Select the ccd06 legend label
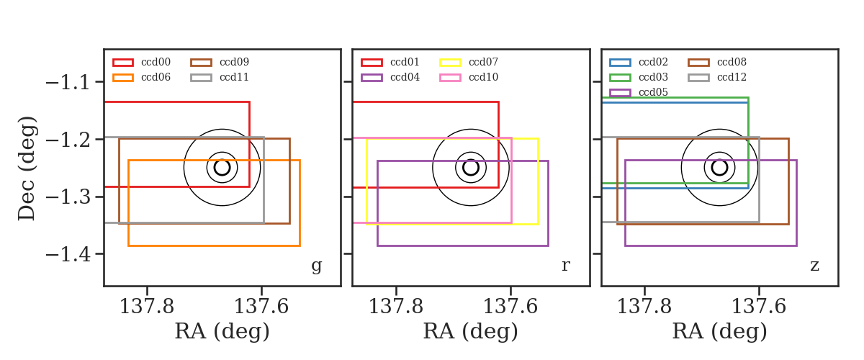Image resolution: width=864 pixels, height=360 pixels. tap(156, 77)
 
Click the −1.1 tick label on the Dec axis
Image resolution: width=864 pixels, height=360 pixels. tap(68, 83)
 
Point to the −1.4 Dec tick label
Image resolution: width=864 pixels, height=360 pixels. tap(68, 255)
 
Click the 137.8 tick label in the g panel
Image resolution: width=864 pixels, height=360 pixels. tap(147, 307)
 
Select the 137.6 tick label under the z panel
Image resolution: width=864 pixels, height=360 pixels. tap(759, 307)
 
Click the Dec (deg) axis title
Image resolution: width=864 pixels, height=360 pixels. tap(27, 168)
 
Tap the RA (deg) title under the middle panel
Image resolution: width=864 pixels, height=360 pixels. tap(471, 331)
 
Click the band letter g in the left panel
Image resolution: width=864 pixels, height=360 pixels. tap(316, 266)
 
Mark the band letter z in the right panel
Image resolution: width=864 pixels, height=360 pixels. tap(814, 266)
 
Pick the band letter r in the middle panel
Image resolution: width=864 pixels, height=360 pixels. tap(565, 266)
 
